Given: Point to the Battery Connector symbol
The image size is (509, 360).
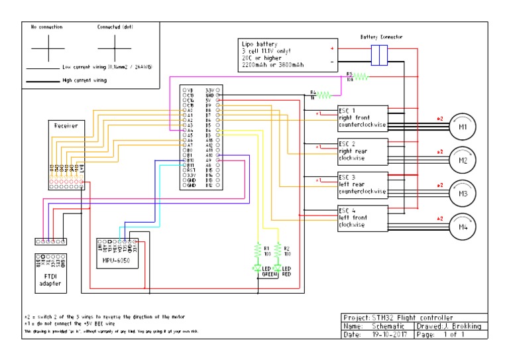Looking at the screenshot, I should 379,55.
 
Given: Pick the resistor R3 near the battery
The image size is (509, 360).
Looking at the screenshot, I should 359,77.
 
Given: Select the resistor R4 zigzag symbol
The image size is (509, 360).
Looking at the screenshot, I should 323,95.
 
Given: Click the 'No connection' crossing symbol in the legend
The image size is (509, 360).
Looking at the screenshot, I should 46,46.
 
